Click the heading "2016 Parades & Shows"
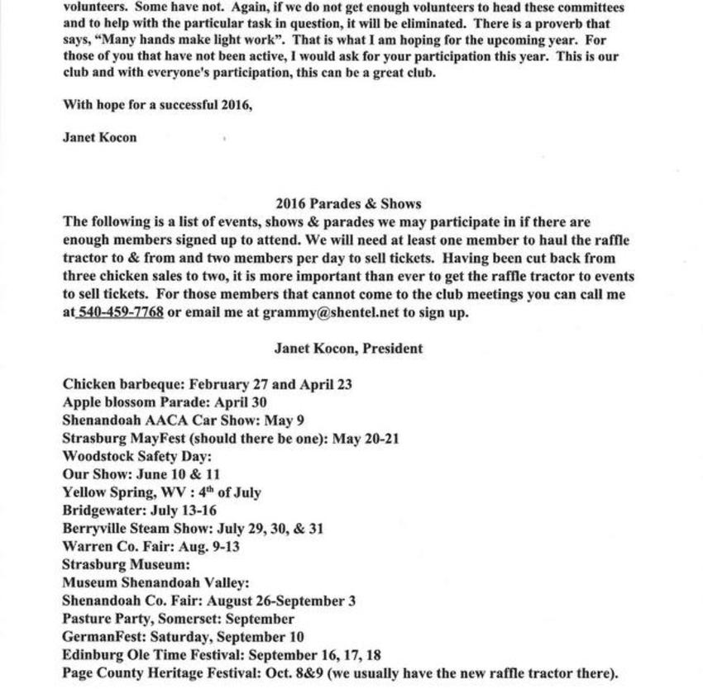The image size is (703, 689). click(x=348, y=204)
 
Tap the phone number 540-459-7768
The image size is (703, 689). click(x=120, y=312)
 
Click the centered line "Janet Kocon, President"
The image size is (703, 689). click(x=348, y=349)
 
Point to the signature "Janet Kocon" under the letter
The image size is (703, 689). click(x=99, y=137)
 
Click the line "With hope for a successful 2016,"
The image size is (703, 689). click(x=157, y=105)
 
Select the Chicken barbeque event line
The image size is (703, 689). click(x=208, y=384)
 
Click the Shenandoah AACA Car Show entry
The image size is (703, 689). click(x=183, y=421)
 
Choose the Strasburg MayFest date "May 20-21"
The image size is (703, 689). click(x=366, y=439)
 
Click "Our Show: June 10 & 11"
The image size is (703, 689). click(x=141, y=474)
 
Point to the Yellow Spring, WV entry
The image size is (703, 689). click(x=161, y=492)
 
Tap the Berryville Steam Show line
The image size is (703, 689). click(x=193, y=529)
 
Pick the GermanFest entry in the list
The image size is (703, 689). click(x=183, y=637)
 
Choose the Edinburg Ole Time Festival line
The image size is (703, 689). click(x=222, y=655)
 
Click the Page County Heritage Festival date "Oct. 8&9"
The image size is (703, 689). click(x=292, y=673)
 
